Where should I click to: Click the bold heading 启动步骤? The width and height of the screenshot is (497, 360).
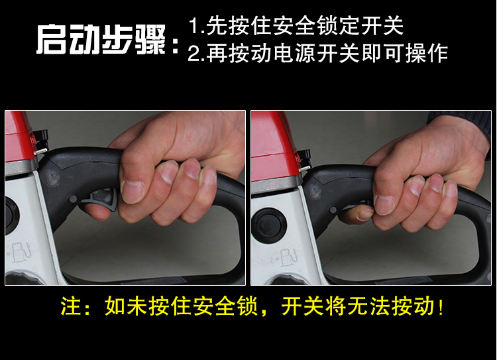pos(101,40)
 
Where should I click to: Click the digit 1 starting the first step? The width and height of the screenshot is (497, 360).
pos(193,26)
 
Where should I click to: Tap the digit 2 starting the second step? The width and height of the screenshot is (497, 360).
pos(194,53)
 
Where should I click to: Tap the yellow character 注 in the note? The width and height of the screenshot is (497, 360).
pos(71,306)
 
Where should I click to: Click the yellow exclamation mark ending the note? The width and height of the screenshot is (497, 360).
pos(441,307)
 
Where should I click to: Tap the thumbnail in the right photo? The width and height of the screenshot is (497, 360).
pos(364,215)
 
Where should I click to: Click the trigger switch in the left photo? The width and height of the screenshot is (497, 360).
pos(101,198)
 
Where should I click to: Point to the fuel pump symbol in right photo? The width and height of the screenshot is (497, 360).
pos(286,257)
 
